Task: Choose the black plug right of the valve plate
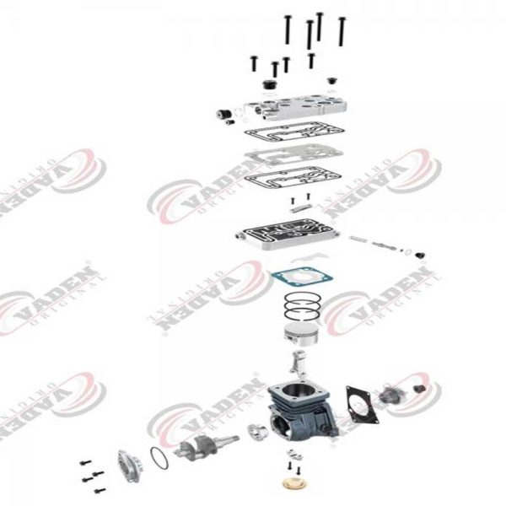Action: (x=419, y=254)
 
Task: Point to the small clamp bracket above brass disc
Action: (x=292, y=463)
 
